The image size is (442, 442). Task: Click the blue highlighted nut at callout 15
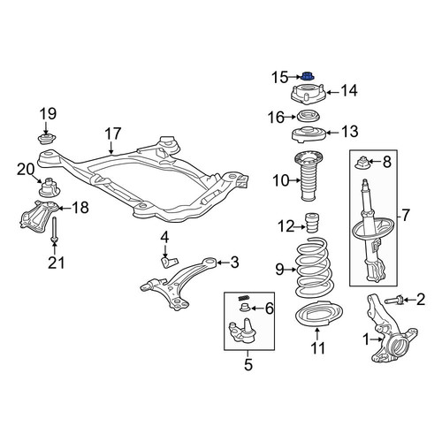point(309,77)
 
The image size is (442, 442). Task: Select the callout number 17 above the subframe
point(113,133)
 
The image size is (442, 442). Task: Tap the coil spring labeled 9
point(312,267)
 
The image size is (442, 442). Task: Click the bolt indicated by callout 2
point(393,301)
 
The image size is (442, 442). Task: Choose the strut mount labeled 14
point(309,94)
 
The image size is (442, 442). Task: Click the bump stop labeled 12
point(311,223)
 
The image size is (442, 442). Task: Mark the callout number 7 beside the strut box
point(406,215)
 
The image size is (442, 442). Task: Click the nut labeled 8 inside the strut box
point(362,164)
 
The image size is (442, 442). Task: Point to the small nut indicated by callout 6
point(245,308)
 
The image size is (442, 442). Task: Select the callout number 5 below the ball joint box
point(248,365)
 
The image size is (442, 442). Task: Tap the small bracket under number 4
point(170,262)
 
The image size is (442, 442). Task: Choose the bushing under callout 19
point(47,139)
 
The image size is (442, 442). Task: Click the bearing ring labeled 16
point(308,116)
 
